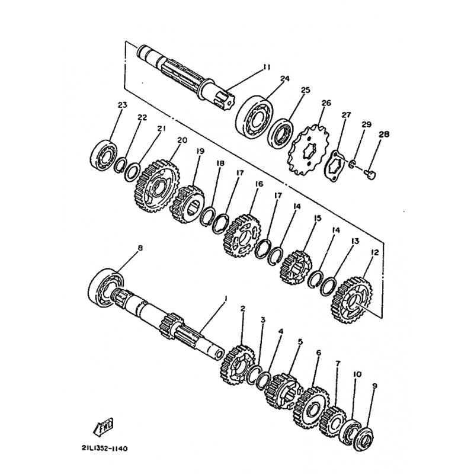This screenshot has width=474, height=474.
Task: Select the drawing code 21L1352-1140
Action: [104, 449]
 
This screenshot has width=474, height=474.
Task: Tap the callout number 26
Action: [326, 103]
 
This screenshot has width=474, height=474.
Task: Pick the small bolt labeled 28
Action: [370, 174]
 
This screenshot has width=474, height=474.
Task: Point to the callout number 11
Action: [266, 67]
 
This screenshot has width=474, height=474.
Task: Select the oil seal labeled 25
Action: [281, 135]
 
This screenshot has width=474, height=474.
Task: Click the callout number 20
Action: [182, 140]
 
